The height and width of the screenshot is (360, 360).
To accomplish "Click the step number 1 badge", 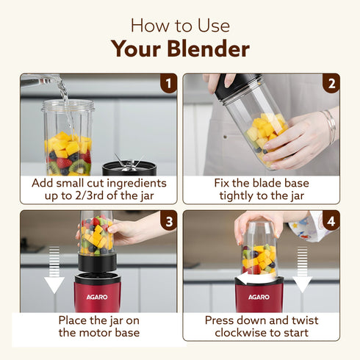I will (x=169, y=82).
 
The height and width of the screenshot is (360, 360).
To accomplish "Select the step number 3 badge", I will (x=169, y=220).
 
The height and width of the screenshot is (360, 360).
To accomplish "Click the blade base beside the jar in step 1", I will (x=129, y=166).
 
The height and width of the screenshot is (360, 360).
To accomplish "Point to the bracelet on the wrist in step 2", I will (x=330, y=126).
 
